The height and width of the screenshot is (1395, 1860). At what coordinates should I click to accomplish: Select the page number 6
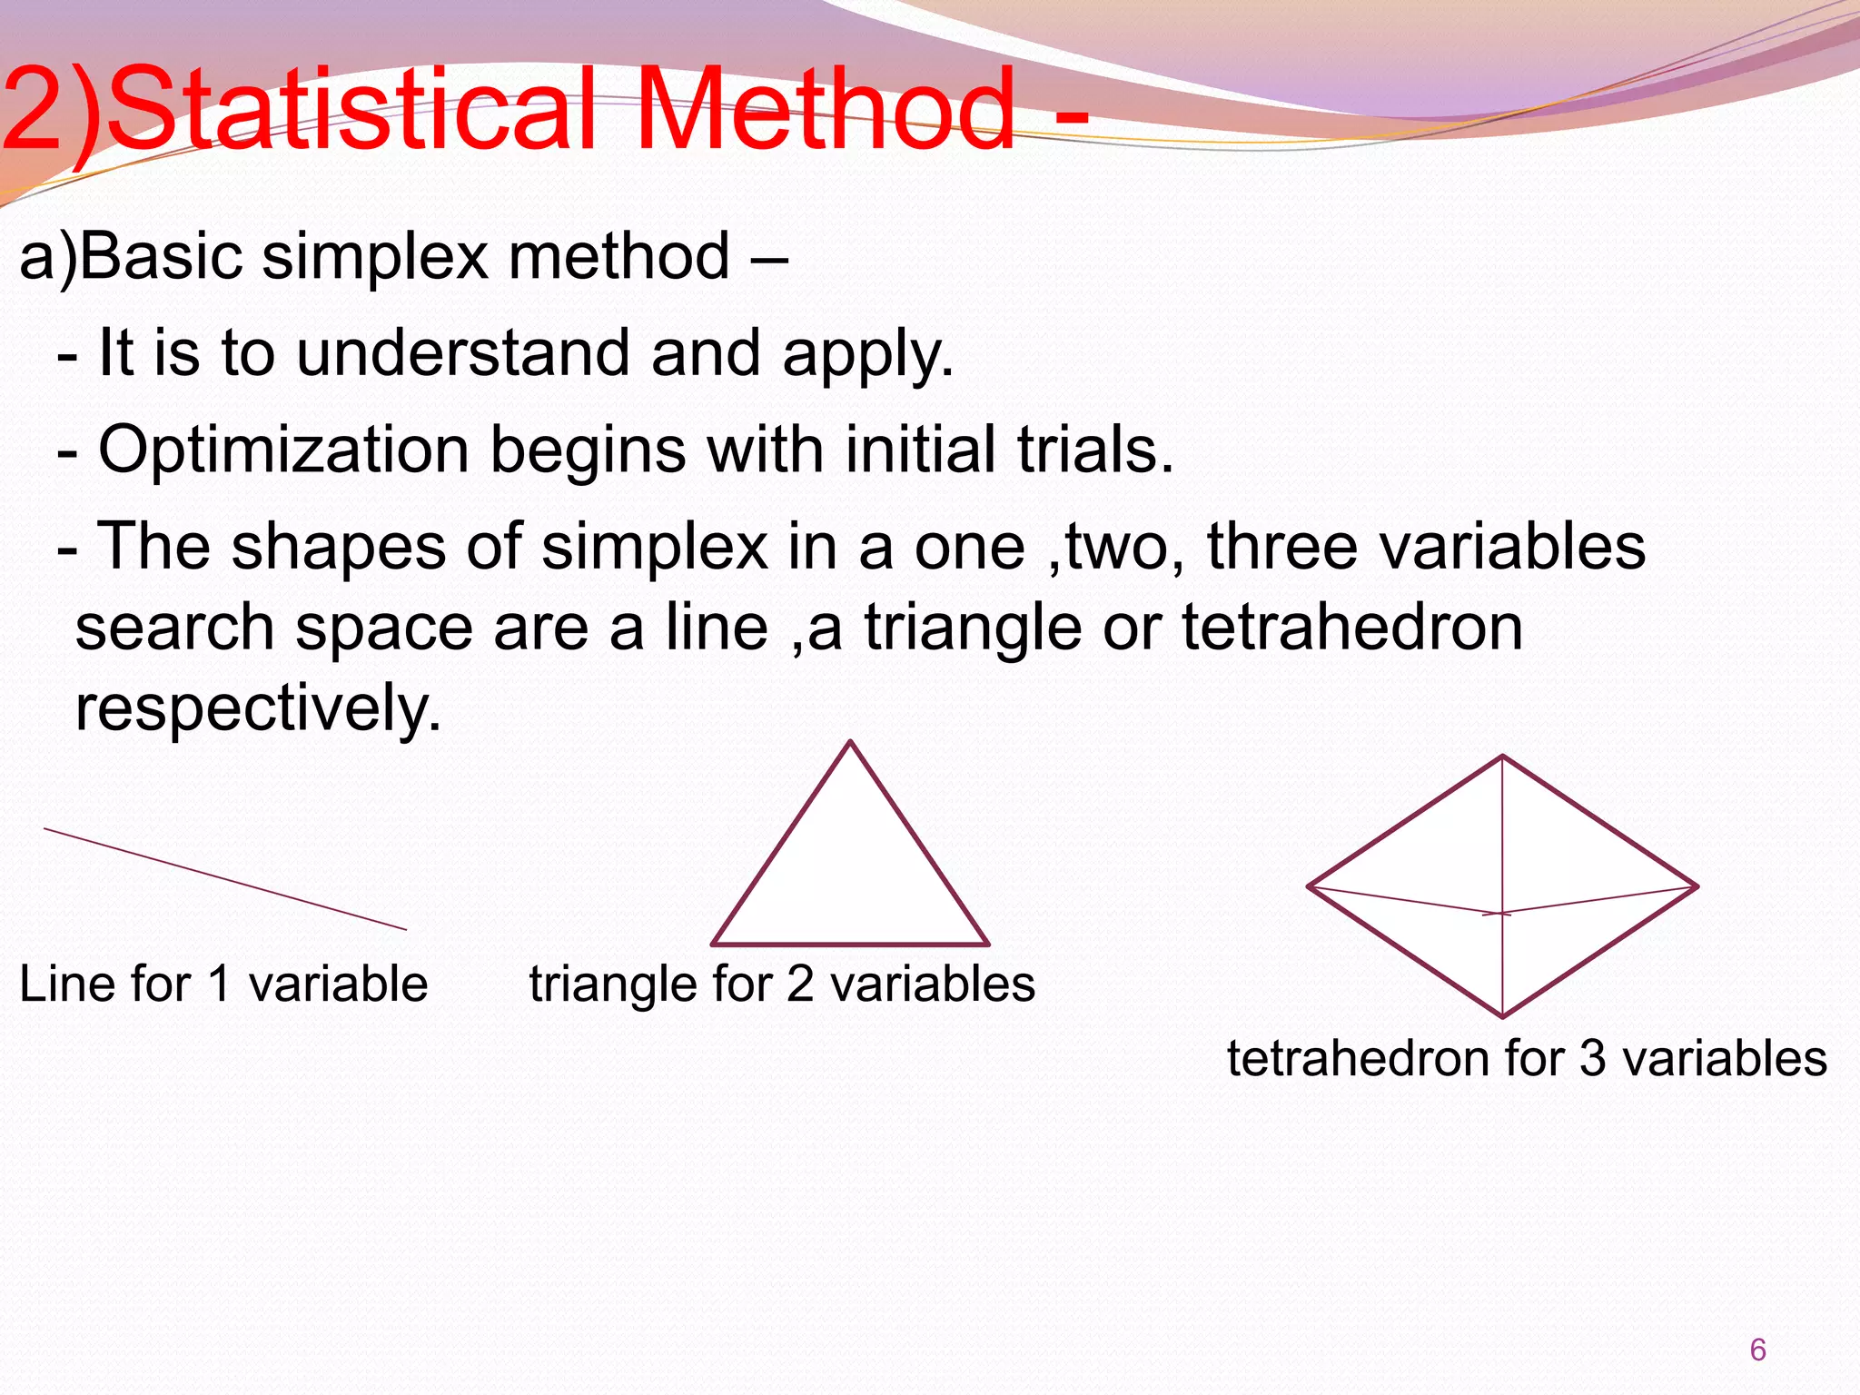pyautogui.click(x=1757, y=1350)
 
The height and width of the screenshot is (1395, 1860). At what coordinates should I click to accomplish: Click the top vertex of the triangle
pyautogui.click(x=850, y=743)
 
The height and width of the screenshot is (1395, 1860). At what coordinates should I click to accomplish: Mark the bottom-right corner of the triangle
pyautogui.click(x=987, y=944)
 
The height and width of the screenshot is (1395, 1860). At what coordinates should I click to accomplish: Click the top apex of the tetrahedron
pyautogui.click(x=1503, y=757)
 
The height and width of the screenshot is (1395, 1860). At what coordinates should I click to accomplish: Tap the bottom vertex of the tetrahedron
pyautogui.click(x=1503, y=1015)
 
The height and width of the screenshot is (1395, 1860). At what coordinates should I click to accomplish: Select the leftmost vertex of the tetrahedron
pyautogui.click(x=1310, y=886)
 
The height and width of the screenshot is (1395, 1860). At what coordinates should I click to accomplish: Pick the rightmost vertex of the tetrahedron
pyautogui.click(x=1697, y=886)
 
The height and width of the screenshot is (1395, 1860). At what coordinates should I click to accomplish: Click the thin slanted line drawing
pyautogui.click(x=225, y=879)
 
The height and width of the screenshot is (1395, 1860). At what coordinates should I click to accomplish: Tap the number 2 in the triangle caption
pyautogui.click(x=800, y=984)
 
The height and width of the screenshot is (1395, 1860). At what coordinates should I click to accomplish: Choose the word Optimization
pyautogui.click(x=283, y=450)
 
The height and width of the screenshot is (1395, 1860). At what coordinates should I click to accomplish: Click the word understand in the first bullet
pyautogui.click(x=462, y=353)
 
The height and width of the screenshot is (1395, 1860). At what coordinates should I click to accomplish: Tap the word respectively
pyautogui.click(x=257, y=708)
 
